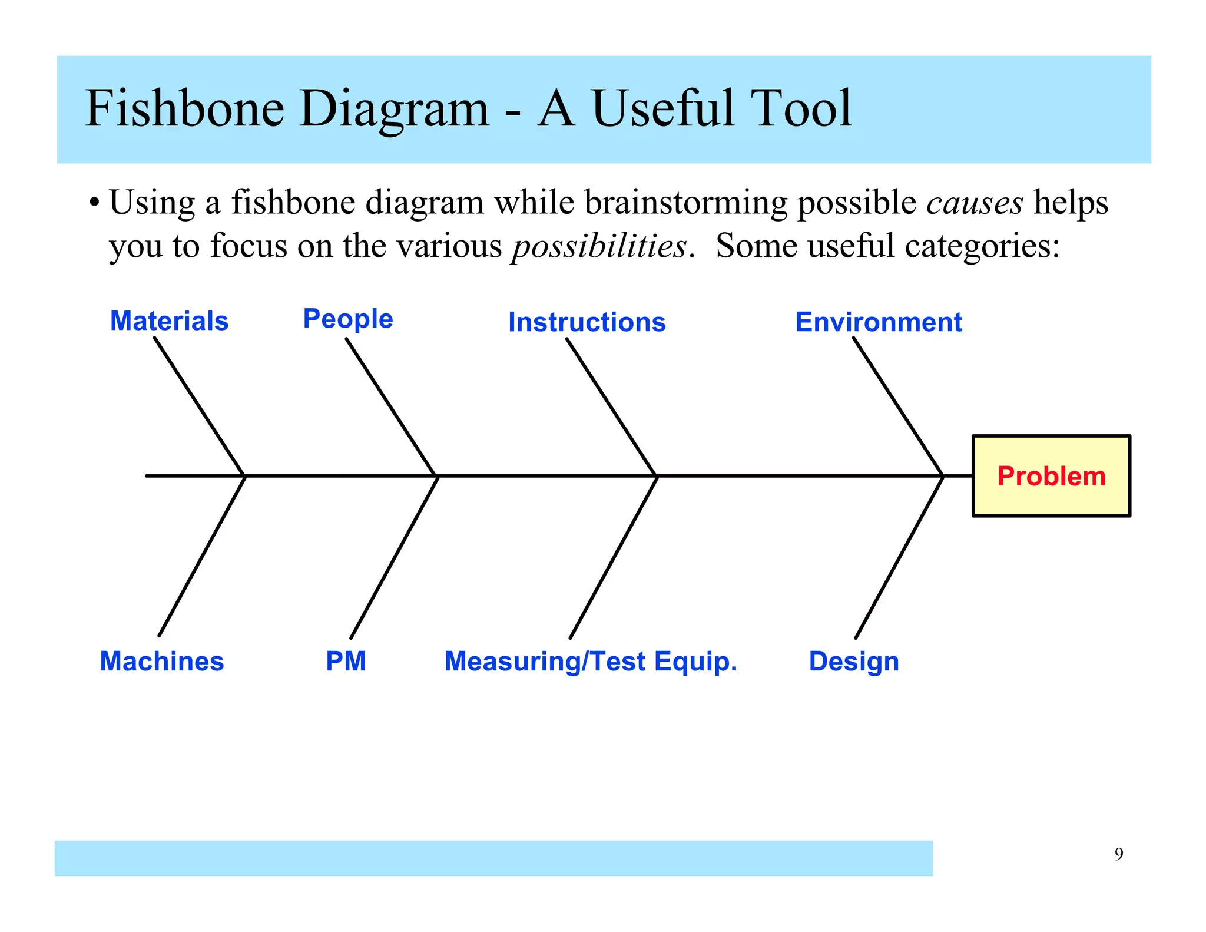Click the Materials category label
(169, 321)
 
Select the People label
(347, 319)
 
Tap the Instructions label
(587, 322)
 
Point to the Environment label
(878, 322)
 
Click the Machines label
(162, 661)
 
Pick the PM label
(346, 661)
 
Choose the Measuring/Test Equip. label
(591, 661)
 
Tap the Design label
(853, 661)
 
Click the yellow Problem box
(1051, 476)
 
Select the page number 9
(1118, 854)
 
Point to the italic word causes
(975, 203)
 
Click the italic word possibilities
(599, 246)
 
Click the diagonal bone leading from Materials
(199, 406)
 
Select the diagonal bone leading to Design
(899, 557)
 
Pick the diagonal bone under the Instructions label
(611, 406)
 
